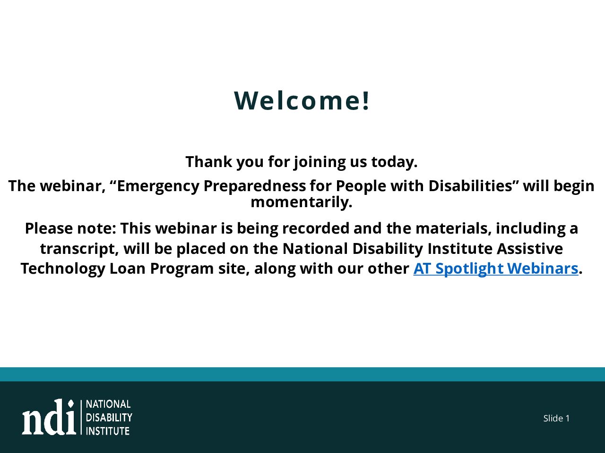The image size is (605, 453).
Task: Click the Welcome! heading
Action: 302,101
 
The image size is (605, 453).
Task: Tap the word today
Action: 394,162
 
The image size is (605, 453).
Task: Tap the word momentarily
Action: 302,202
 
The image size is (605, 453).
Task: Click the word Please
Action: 49,228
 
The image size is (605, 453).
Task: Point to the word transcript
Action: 79,249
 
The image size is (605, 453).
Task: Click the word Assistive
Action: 530,249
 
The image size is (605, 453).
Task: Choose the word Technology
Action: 63,268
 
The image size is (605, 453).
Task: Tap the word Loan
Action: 128,268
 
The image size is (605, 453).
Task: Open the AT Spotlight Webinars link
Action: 495,268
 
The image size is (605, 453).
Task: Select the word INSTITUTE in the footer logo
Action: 108,431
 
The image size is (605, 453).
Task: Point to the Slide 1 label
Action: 556,419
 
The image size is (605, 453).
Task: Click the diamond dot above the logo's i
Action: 71,404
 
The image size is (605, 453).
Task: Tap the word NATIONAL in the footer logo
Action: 108,404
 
